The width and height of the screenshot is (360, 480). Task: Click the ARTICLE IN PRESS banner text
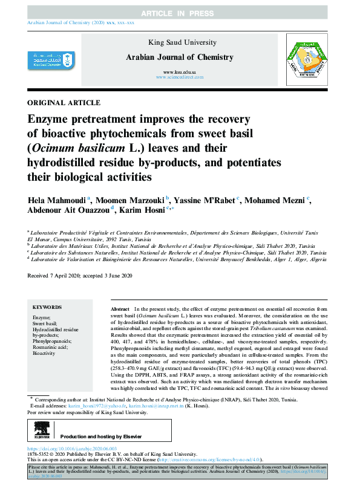(x=180, y=13)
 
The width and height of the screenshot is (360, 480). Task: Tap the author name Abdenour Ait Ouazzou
(x=70, y=210)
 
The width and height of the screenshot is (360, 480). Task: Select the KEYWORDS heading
(x=47, y=308)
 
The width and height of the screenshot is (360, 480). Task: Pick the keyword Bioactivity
(x=44, y=353)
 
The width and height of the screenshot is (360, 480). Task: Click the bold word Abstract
(x=121, y=308)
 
